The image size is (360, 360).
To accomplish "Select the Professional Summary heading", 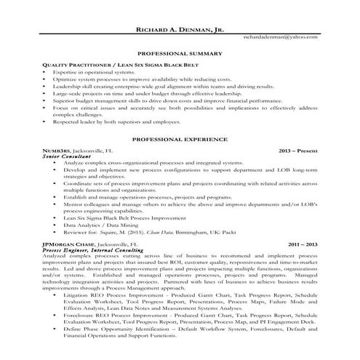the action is tap(179, 55).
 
